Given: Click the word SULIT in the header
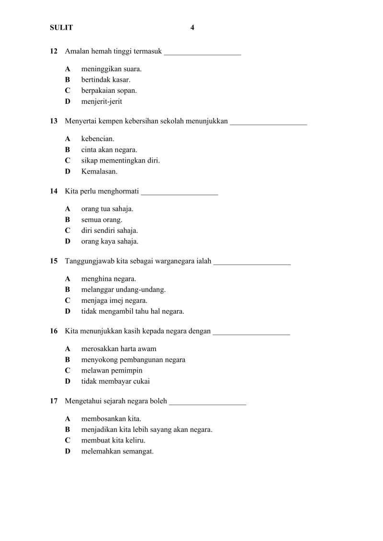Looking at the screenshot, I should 61,28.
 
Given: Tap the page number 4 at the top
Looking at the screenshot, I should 192,28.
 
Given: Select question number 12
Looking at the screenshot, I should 54,51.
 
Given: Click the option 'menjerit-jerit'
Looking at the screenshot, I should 101,101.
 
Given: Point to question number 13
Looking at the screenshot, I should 54,121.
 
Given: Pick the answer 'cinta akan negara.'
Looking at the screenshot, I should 109,150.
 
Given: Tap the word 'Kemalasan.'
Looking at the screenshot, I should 99,171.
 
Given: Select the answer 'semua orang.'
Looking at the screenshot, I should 101,220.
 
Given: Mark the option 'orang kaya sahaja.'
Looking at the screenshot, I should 110,242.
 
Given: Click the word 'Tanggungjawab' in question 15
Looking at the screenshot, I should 90,262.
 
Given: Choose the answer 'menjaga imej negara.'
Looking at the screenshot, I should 114,300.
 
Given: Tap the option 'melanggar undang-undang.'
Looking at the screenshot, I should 124,290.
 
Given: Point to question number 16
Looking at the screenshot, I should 54,331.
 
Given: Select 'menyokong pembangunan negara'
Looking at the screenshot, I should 133,360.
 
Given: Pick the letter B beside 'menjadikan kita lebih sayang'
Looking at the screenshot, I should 68,430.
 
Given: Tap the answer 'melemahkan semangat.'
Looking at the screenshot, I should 117,451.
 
